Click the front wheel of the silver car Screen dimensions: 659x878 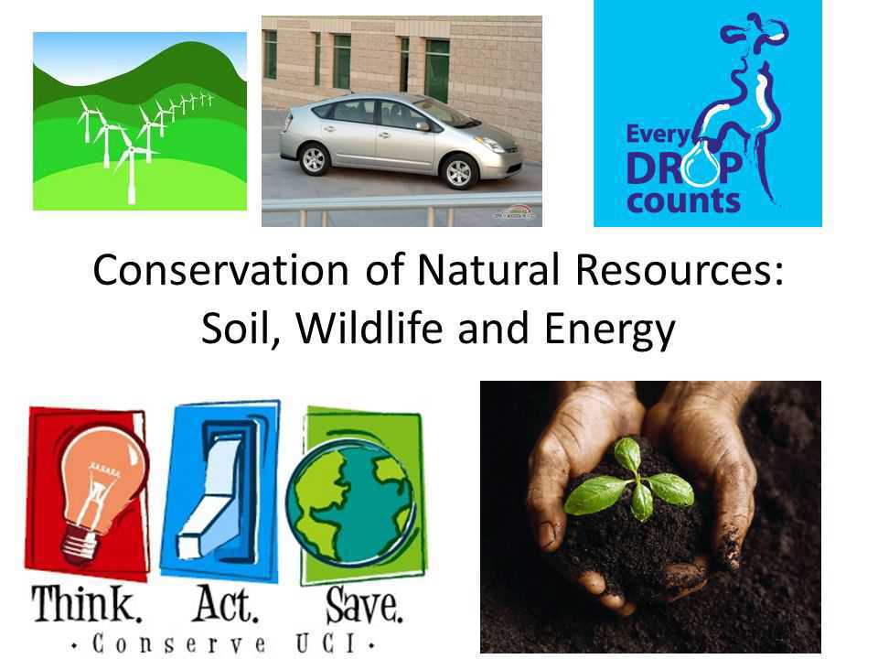click(457, 170)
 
